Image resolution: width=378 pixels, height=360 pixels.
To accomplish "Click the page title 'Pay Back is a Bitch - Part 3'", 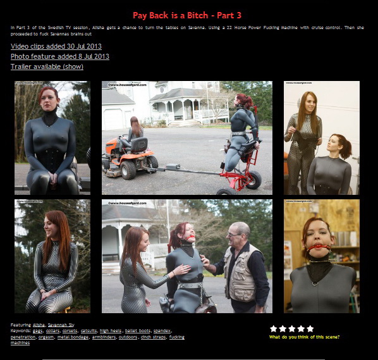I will pos(187,15).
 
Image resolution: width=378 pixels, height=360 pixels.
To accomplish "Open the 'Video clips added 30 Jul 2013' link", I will pos(56,46).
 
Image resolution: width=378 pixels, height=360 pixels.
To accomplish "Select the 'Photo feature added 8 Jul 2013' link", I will pos(60,56).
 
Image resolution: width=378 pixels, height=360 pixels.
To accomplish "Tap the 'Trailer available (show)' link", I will pos(47,66).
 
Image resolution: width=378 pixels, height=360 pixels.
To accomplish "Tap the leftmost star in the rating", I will pos(274,328).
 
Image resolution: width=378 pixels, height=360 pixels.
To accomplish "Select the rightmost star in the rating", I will pos(310,328).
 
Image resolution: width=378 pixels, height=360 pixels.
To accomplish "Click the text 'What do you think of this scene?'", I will pos(304,337).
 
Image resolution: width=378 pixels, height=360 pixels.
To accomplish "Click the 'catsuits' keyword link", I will pos(89,331).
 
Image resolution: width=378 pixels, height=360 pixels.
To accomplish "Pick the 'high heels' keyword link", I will pos(111,331).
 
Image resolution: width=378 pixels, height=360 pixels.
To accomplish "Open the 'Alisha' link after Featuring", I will pos(39,325).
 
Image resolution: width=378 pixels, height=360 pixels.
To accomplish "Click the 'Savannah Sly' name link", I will pos(61,325).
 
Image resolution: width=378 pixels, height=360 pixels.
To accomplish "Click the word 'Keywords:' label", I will pos(21,331).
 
